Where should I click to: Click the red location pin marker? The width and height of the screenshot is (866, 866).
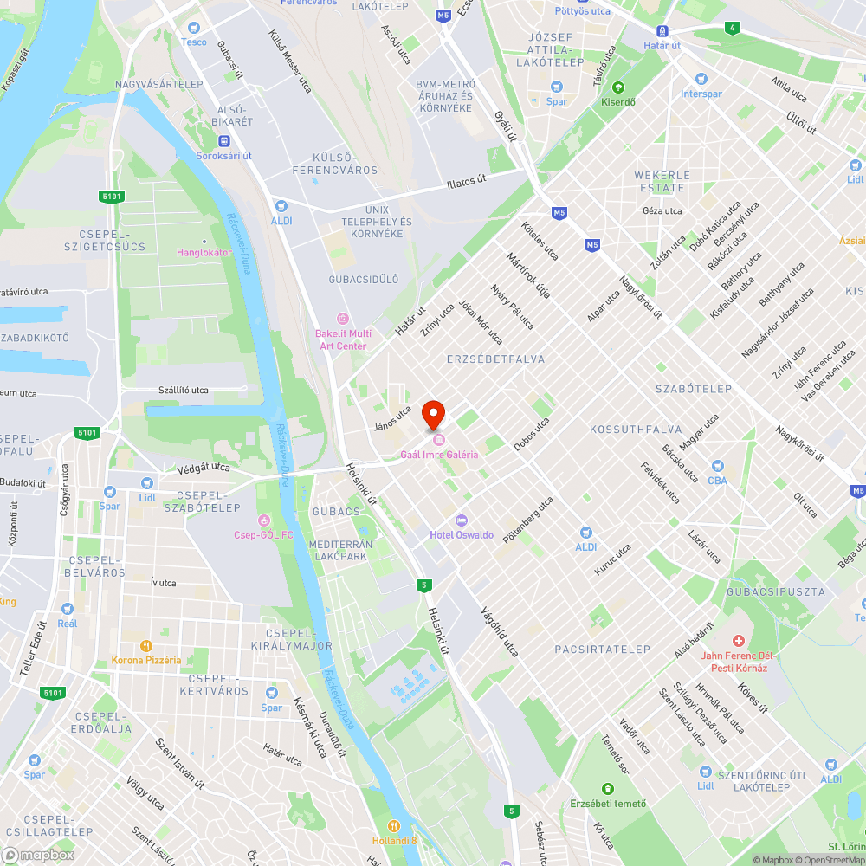(433, 415)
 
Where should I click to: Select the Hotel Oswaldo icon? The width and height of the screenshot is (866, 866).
(461, 520)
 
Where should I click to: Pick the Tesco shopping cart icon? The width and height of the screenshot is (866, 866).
(193, 29)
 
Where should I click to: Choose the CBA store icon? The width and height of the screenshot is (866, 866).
(717, 466)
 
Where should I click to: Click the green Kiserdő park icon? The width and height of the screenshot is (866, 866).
(618, 87)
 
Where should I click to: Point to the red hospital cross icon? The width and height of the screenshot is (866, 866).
(738, 641)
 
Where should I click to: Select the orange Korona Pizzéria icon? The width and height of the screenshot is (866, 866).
(146, 645)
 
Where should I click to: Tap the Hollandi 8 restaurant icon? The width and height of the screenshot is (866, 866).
(394, 825)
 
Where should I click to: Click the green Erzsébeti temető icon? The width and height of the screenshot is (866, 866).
(607, 789)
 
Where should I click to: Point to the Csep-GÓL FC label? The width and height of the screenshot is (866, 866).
(264, 534)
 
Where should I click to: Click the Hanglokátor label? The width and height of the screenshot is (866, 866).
(204, 252)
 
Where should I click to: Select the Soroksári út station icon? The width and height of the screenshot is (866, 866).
(224, 141)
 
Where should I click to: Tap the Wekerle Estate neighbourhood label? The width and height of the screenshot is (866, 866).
(662, 181)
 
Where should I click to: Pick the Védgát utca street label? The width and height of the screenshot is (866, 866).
(204, 468)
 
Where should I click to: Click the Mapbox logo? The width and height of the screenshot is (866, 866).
(38, 855)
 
